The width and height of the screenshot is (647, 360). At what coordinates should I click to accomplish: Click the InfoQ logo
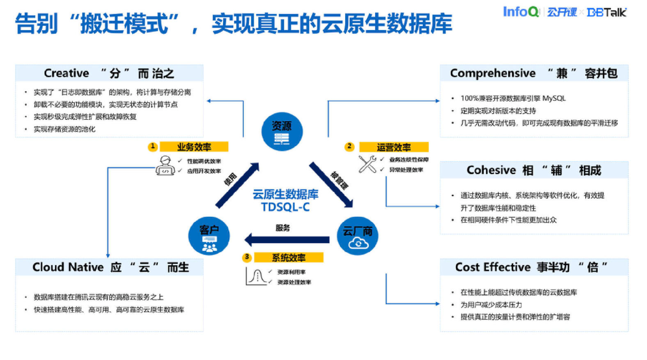(x=521, y=11)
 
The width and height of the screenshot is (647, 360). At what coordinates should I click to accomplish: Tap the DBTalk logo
(x=607, y=12)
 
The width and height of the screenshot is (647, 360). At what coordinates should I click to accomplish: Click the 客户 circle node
(x=209, y=237)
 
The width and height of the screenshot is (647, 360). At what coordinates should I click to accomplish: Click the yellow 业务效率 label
(x=194, y=147)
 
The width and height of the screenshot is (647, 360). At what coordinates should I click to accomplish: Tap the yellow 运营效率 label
(x=394, y=147)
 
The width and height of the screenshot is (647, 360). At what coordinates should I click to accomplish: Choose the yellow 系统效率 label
(x=288, y=257)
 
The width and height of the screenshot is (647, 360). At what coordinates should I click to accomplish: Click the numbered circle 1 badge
(x=152, y=147)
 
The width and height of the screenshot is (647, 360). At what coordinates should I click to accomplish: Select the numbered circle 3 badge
(x=247, y=257)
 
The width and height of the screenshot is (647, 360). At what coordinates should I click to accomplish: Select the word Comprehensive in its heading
(x=493, y=73)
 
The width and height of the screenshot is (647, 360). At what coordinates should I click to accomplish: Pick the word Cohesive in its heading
(x=491, y=170)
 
